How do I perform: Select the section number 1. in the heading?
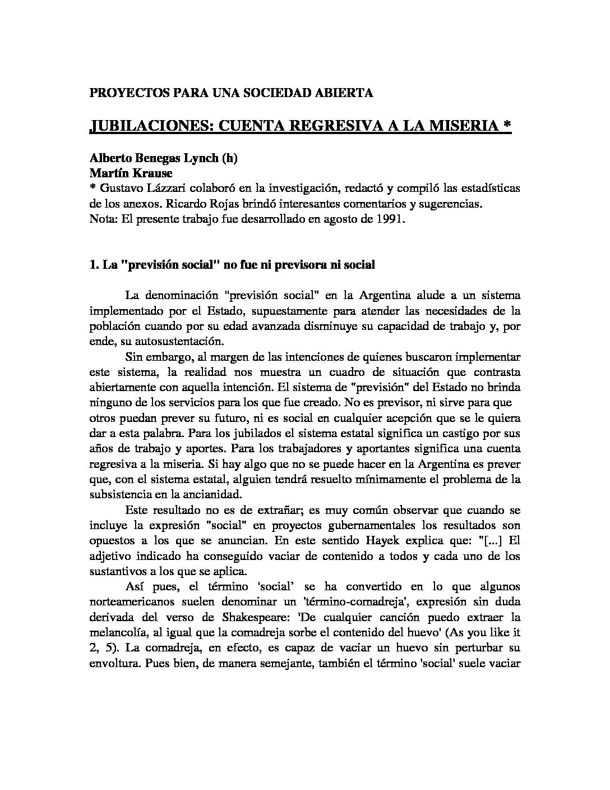tap(94, 265)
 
